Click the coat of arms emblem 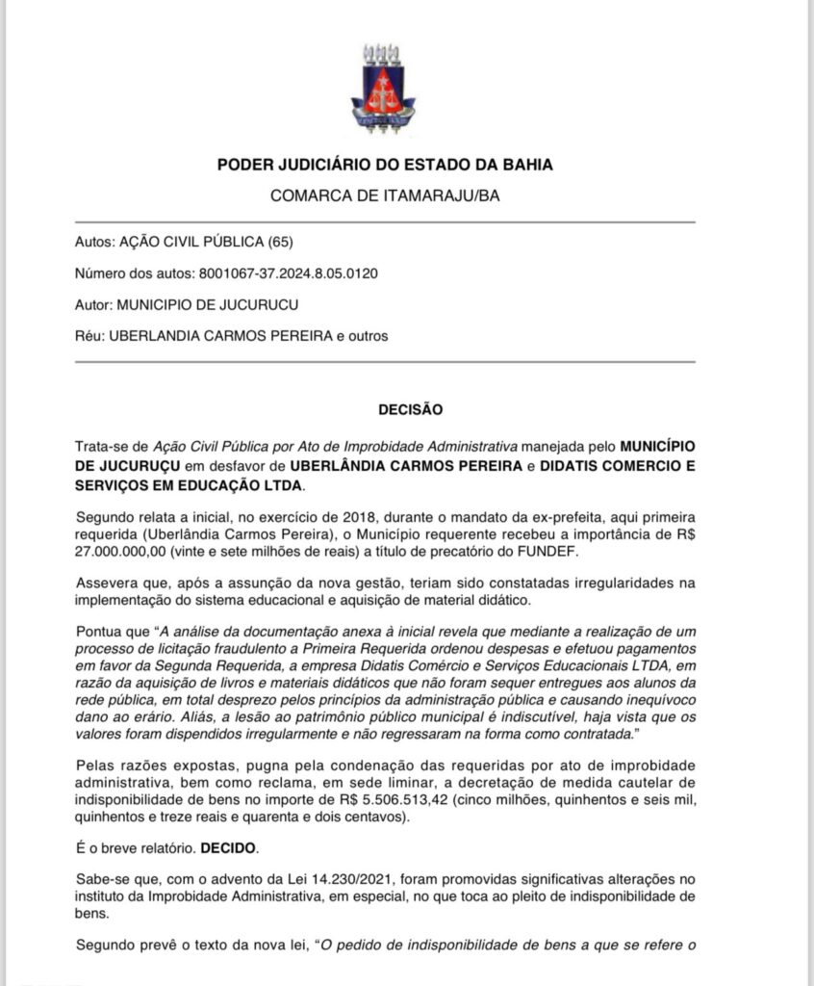tap(383, 89)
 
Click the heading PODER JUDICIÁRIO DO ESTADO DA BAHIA tap(385, 165)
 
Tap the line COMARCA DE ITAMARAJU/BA tap(385, 195)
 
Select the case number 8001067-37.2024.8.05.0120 tap(288, 272)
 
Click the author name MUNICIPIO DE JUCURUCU tap(207, 304)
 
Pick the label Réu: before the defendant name tap(89, 336)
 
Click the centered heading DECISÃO tap(410, 409)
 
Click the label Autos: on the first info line tap(93, 241)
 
